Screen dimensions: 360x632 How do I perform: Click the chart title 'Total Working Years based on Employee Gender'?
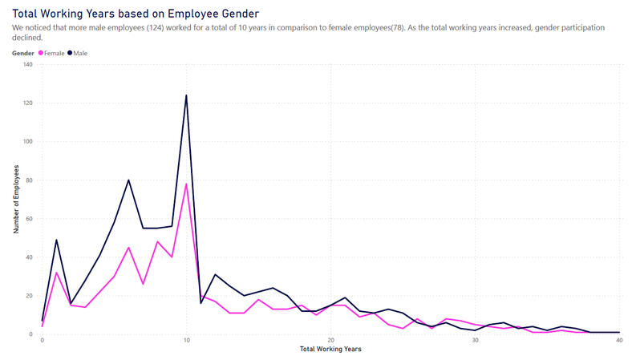pos(136,14)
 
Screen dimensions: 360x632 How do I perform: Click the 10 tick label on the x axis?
pos(186,342)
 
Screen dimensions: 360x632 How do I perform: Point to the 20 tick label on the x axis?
pos(330,342)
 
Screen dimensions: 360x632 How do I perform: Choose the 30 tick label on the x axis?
pos(475,342)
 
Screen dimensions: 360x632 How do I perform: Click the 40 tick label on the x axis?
pos(618,342)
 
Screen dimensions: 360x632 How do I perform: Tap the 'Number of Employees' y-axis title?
pos(15,199)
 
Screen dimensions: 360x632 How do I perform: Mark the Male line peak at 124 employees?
pos(186,95)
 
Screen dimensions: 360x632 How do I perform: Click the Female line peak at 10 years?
pos(186,184)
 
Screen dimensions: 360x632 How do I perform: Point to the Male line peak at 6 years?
pos(128,180)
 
